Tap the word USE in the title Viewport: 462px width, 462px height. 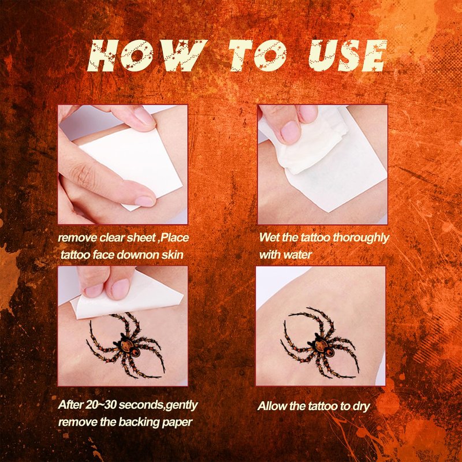pyautogui.click(x=348, y=55)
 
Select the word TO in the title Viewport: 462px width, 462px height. pyautogui.click(x=257, y=55)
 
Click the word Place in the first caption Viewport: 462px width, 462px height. pyautogui.click(x=175, y=237)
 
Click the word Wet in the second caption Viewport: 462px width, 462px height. pyautogui.click(x=269, y=237)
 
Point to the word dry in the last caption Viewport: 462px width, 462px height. pyautogui.click(x=362, y=407)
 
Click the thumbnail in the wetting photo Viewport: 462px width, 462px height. pyautogui.click(x=290, y=132)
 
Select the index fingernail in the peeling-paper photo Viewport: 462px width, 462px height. pyautogui.click(x=121, y=288)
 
